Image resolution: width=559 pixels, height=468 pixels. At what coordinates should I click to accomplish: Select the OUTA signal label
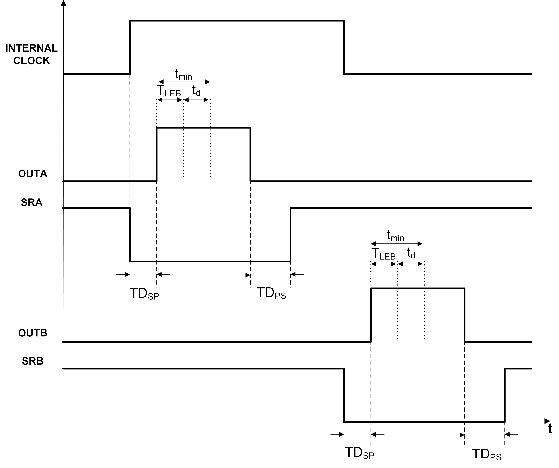[32, 174]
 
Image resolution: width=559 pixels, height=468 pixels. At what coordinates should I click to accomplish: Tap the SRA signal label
[31, 202]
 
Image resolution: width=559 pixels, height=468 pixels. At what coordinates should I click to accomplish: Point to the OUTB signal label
[32, 333]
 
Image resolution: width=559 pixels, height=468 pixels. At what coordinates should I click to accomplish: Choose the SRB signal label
[32, 361]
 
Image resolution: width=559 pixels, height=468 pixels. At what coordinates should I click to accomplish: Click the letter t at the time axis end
[550, 429]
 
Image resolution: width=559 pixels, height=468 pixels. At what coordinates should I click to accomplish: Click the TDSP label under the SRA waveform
[144, 293]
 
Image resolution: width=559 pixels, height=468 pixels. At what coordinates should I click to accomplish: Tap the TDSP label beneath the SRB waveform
[359, 453]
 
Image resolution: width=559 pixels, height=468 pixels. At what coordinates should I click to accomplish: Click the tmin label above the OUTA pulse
[183, 74]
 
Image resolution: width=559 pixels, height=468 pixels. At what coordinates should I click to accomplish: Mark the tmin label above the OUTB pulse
[395, 236]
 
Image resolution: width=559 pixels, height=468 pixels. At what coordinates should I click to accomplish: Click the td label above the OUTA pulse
[196, 91]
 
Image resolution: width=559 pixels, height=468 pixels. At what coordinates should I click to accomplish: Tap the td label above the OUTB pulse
[411, 253]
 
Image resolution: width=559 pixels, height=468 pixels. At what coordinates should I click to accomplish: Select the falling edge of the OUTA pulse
[250, 154]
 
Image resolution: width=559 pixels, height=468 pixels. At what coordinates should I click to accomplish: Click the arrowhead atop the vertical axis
[64, 3]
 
